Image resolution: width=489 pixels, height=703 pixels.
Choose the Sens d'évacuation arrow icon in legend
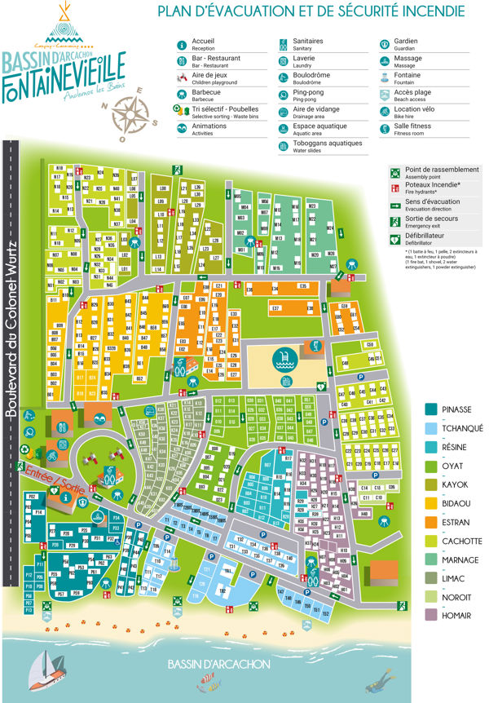point(395,205)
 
